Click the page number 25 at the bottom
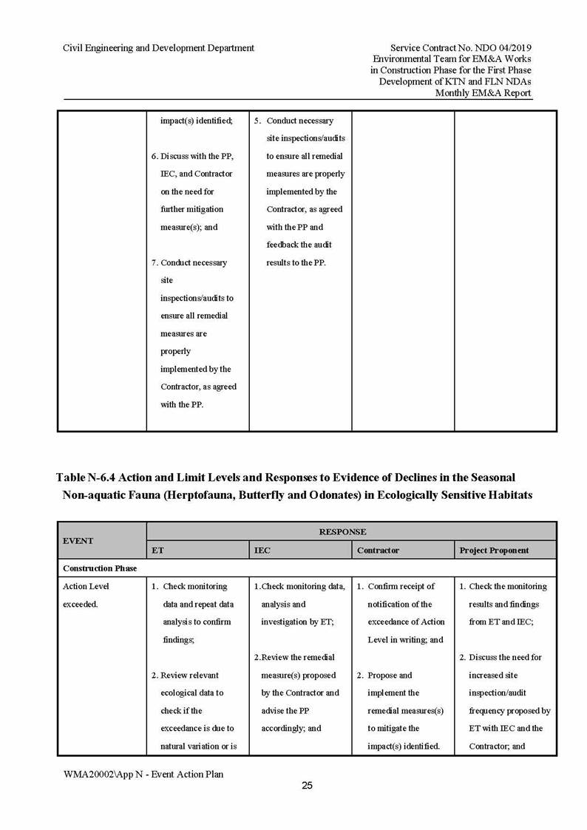pos(307,786)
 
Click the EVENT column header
pos(78,540)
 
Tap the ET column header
pos(157,551)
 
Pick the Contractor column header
pos(378,551)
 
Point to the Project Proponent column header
pos(494,551)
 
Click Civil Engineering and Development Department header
pos(159,48)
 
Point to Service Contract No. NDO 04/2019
pos(461,48)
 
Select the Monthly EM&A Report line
pos(483,93)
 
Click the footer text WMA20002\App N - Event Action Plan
pos(143,774)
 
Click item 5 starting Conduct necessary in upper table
pos(299,120)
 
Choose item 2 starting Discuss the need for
pos(505,657)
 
